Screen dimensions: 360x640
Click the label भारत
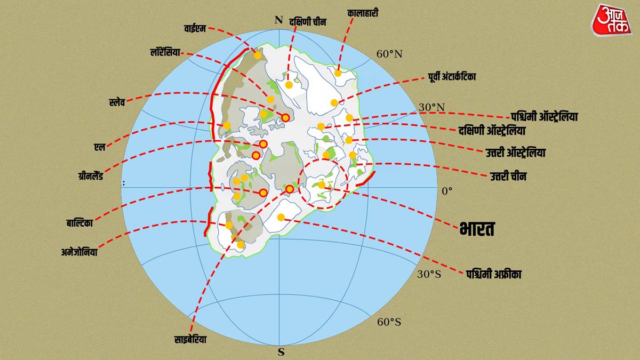point(477,229)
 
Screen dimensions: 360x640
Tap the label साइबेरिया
point(190,339)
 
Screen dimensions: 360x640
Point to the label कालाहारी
point(363,12)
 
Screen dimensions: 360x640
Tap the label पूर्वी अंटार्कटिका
point(451,77)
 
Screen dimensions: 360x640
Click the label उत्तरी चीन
point(508,176)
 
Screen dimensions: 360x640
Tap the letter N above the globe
point(278,20)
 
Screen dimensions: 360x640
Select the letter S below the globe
point(281,352)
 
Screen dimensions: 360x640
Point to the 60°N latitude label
point(390,54)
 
